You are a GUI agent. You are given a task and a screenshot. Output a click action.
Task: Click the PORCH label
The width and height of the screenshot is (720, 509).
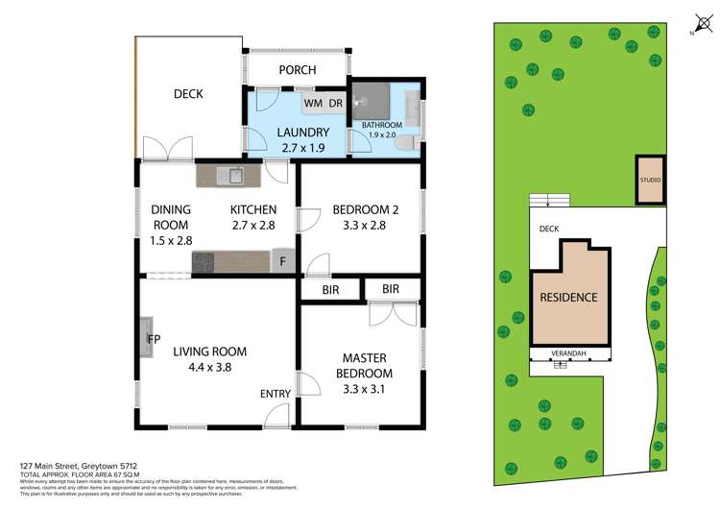click(x=297, y=70)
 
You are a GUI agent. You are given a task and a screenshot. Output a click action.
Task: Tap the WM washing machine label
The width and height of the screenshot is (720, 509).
click(x=313, y=103)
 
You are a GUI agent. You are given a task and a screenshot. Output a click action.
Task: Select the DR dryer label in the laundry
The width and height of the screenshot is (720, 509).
click(x=336, y=103)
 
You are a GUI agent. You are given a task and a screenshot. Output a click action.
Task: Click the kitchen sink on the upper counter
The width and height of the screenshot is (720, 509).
click(x=229, y=176)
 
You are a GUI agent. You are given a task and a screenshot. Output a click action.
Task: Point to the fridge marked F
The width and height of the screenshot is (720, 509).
click(x=283, y=260)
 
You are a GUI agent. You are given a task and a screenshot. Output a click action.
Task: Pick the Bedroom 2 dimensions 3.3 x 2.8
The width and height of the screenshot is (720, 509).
click(x=358, y=227)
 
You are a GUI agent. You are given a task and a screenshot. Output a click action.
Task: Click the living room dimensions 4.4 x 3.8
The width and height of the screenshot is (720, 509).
click(x=202, y=366)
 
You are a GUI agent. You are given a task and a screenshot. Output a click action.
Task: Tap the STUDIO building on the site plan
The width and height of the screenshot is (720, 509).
click(x=650, y=180)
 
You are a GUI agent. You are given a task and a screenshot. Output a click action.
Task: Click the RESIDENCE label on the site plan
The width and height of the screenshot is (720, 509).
click(x=570, y=298)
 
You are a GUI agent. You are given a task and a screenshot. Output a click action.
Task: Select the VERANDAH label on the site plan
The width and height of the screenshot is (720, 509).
click(x=571, y=352)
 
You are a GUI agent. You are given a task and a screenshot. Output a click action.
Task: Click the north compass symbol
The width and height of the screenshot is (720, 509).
click(x=698, y=25)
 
